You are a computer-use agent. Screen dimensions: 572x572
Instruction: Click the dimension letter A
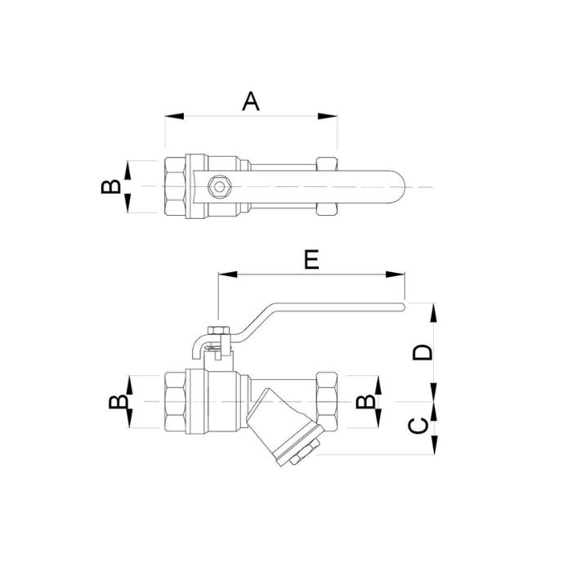251,101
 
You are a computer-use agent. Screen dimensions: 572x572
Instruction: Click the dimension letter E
311,259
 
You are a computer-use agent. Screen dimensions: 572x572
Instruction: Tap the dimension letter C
418,426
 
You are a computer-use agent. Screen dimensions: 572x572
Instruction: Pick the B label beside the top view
111,186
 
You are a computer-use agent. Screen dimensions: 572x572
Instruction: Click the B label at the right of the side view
365,402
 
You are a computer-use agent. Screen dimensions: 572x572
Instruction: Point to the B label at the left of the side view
118,402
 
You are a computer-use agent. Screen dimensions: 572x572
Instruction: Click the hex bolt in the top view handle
219,187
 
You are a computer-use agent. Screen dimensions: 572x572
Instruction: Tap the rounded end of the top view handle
399,187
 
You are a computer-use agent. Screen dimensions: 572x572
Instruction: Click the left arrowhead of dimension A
174,116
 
